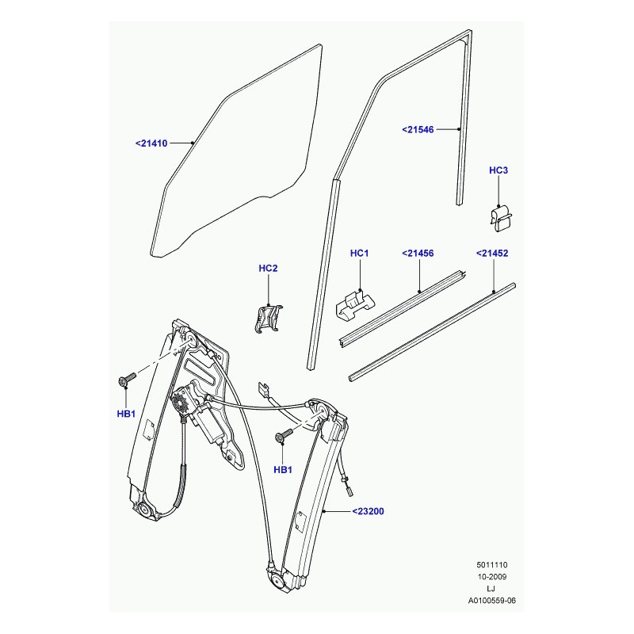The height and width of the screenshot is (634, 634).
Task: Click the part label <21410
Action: (151, 143)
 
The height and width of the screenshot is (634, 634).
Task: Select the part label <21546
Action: (418, 129)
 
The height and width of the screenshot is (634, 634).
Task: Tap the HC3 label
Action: (498, 170)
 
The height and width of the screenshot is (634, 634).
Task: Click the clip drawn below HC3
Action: (501, 219)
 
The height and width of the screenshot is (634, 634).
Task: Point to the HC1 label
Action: (359, 253)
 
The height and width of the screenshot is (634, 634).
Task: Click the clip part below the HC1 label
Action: (355, 305)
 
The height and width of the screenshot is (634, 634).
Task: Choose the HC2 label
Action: (268, 268)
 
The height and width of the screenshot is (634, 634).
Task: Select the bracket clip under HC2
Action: (268, 319)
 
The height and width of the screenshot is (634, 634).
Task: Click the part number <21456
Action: (418, 253)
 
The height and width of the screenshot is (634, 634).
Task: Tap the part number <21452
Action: (491, 253)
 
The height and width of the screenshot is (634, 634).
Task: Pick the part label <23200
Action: (368, 511)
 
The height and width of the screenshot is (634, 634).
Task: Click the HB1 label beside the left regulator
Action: (126, 414)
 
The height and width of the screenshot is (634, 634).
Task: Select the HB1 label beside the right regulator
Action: (283, 469)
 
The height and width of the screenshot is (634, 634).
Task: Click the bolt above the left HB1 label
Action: (127, 380)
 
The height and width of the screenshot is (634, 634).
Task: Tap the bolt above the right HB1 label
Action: (285, 435)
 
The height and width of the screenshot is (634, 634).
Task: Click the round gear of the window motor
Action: (181, 403)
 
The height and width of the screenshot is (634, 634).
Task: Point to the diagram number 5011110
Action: (491, 565)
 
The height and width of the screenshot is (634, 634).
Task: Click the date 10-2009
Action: (491, 577)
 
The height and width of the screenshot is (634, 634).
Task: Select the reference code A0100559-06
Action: (491, 601)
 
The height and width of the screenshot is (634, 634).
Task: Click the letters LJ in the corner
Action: (491, 588)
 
